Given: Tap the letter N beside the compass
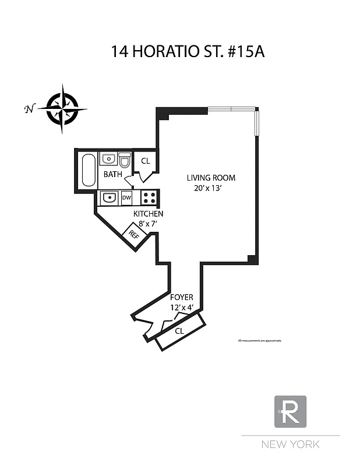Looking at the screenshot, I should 28,109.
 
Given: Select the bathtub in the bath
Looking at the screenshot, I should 89,170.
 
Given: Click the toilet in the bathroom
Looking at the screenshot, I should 125,160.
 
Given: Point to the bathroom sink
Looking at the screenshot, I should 108,159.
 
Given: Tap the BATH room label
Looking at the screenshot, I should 113,174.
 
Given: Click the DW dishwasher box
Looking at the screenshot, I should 126,198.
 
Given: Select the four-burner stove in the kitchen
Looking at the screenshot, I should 149,197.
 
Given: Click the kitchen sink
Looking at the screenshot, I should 109,198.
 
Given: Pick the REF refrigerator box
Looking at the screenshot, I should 134,235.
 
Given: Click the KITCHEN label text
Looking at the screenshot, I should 149,214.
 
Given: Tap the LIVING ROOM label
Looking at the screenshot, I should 211,178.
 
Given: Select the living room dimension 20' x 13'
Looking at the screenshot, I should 211,188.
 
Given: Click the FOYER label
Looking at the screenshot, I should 181,297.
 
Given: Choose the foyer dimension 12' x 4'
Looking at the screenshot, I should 181,306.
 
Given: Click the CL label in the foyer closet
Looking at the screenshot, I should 180,331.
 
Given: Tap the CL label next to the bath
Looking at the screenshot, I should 146,161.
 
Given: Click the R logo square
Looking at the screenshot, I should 290,411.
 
